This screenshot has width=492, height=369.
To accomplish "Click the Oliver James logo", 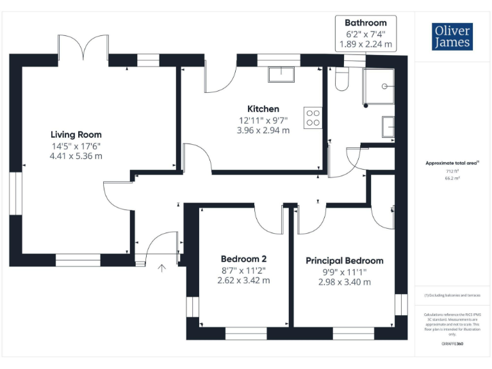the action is click(452, 37).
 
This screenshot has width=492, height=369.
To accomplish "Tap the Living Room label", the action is click(76, 135).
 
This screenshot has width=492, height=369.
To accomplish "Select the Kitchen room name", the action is click(263, 109).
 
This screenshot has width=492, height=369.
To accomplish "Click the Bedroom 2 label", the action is click(243, 259).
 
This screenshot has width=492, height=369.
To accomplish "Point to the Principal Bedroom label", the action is click(345, 261).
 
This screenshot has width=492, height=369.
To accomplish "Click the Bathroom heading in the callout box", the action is click(366, 23).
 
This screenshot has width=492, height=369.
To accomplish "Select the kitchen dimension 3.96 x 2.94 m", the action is click(263, 130).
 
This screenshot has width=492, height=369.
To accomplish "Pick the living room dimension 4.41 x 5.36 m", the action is click(76, 156).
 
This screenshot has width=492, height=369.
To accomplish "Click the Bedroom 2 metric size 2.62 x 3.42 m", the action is click(243, 280).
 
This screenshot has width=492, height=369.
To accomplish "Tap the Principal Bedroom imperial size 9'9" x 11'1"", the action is click(345, 272).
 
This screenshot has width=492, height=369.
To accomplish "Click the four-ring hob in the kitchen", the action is click(313, 117).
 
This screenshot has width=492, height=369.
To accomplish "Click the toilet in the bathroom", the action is click(341, 79).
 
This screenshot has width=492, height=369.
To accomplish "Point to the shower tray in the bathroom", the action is click(378, 86).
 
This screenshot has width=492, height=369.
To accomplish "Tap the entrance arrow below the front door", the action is click(162, 268).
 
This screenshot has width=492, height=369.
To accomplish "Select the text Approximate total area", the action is click(452, 163).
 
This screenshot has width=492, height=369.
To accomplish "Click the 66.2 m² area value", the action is click(452, 179).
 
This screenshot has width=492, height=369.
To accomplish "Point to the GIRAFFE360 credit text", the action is click(452, 344).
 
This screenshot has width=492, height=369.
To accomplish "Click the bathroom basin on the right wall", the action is click(388, 126).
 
